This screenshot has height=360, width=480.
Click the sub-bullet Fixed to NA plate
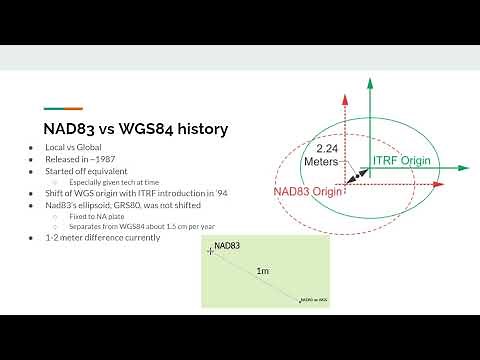[96, 214]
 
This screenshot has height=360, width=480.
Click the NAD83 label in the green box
[226, 244]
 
